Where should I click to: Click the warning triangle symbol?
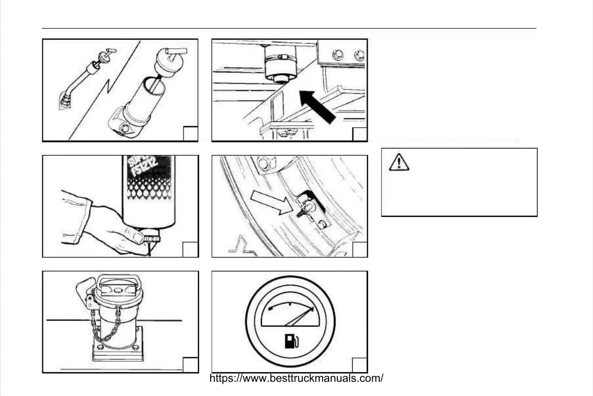(399, 162)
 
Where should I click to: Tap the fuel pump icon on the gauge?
(292, 341)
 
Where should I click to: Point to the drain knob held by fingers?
(152, 239)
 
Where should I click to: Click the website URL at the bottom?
(296, 378)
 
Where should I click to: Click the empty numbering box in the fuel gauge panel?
(359, 365)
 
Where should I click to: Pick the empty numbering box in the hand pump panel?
(190, 133)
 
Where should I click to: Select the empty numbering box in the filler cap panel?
(190, 365)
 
